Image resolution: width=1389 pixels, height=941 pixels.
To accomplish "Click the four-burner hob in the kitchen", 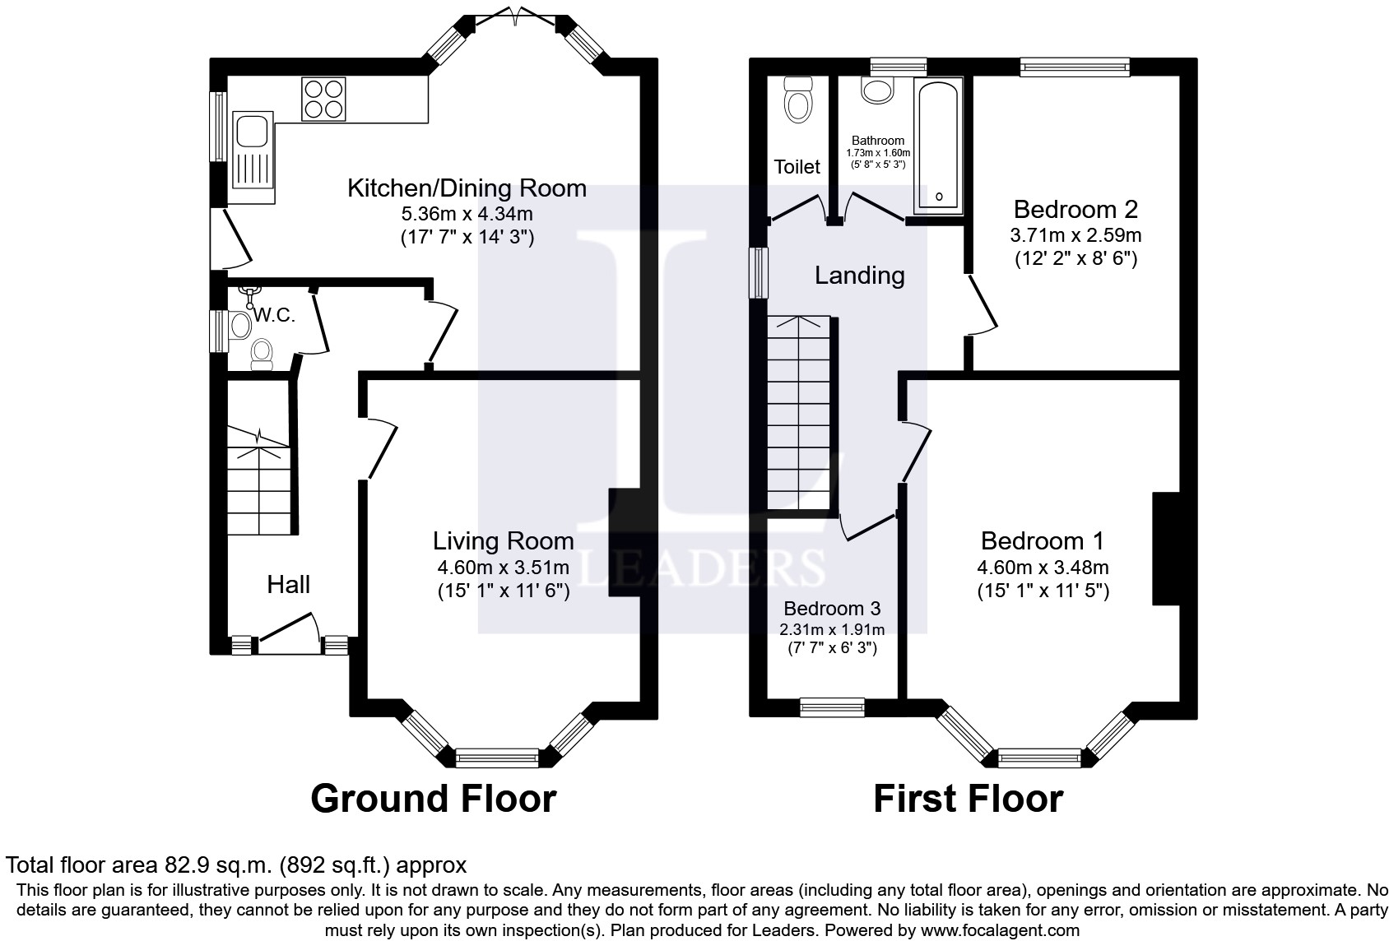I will point(323,99).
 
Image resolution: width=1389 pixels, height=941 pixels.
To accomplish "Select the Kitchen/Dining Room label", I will point(467,188).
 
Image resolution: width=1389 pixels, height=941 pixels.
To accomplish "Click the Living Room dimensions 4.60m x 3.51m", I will point(503,568).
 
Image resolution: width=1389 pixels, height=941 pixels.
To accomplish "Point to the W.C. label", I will point(274,316).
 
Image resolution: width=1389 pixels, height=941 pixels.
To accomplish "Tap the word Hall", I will point(288,585).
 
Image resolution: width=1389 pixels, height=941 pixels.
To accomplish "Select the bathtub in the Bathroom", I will point(937,144).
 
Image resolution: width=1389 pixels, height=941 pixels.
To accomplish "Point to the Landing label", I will point(859,276).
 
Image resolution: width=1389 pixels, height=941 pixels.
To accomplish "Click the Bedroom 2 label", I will point(1075,209).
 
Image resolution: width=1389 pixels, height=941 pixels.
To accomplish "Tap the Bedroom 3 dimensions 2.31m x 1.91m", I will point(832,630).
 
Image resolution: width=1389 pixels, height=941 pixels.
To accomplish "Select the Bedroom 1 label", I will point(1042,541).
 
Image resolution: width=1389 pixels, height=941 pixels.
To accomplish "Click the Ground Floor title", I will point(433,799).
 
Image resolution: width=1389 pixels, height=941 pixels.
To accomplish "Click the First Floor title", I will point(968,799).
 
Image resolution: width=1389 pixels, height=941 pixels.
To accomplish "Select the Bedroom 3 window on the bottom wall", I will point(833,707).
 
